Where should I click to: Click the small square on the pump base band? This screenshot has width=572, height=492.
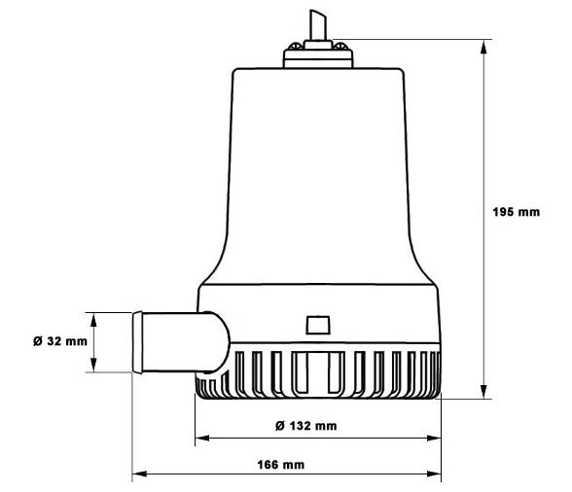[317, 324]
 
